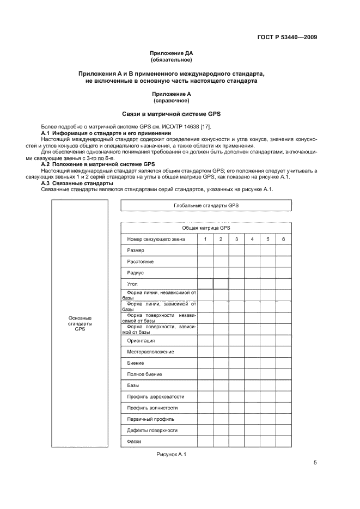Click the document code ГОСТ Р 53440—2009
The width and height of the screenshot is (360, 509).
[x=287, y=37]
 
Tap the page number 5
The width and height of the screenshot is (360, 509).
[x=315, y=463]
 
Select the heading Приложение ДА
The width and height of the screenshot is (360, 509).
[x=172, y=53]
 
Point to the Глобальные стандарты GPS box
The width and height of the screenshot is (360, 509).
[x=206, y=205]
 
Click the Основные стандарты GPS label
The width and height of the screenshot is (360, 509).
[x=80, y=323]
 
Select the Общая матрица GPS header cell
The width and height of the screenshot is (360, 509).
[x=206, y=228]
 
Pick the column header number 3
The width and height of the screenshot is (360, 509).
[x=236, y=239]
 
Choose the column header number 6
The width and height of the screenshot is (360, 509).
[x=283, y=239]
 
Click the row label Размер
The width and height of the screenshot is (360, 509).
[x=136, y=250]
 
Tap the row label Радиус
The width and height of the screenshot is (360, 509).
[x=135, y=273]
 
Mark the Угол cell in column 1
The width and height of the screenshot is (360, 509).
[x=205, y=284]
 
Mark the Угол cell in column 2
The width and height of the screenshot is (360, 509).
[x=221, y=284]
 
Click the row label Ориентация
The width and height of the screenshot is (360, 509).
[x=141, y=340]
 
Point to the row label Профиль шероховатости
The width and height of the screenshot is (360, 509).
[x=155, y=396]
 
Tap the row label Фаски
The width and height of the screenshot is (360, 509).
[x=135, y=441]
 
